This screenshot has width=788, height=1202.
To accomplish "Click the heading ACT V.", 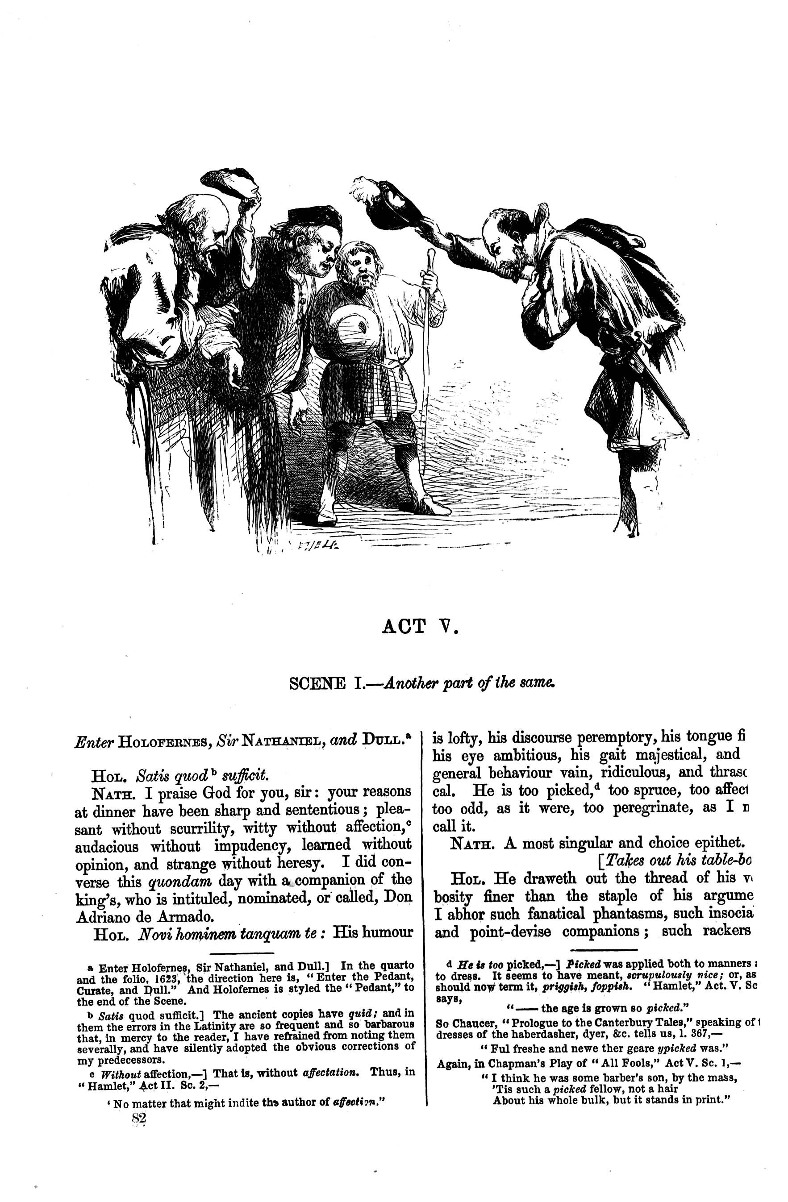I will [x=420, y=627].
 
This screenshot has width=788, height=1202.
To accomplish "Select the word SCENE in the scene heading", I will [x=317, y=684].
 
